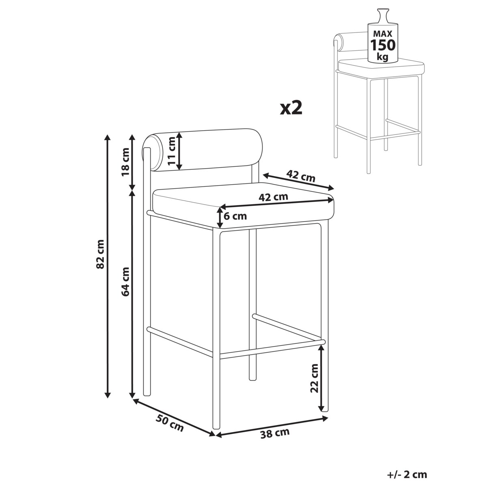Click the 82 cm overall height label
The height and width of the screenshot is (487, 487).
click(100, 254)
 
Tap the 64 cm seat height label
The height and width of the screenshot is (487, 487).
click(125, 282)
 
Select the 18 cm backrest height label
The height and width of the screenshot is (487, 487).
click(125, 162)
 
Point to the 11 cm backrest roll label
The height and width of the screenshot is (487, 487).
click(172, 151)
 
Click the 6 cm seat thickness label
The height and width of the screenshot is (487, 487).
click(235, 216)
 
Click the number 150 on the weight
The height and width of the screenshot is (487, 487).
click(383, 45)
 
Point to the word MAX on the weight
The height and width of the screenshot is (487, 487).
click(383, 34)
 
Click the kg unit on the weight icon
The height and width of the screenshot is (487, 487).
click(382, 56)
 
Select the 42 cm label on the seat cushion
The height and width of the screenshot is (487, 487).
click(273, 197)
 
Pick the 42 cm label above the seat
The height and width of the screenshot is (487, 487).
click(301, 176)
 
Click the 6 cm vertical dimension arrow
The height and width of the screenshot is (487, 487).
click(220, 217)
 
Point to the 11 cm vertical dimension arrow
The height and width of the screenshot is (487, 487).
click(179, 151)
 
